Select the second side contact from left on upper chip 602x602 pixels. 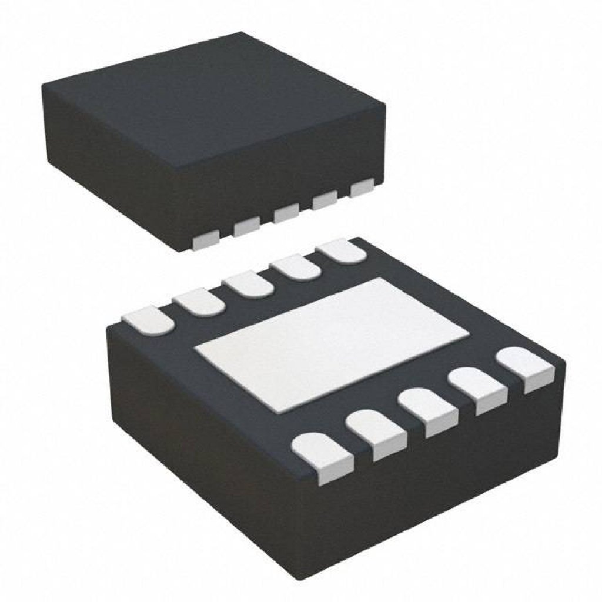pos(246,226)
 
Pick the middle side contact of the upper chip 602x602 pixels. pos(286,213)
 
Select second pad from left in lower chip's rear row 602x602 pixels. pos(199,302)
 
